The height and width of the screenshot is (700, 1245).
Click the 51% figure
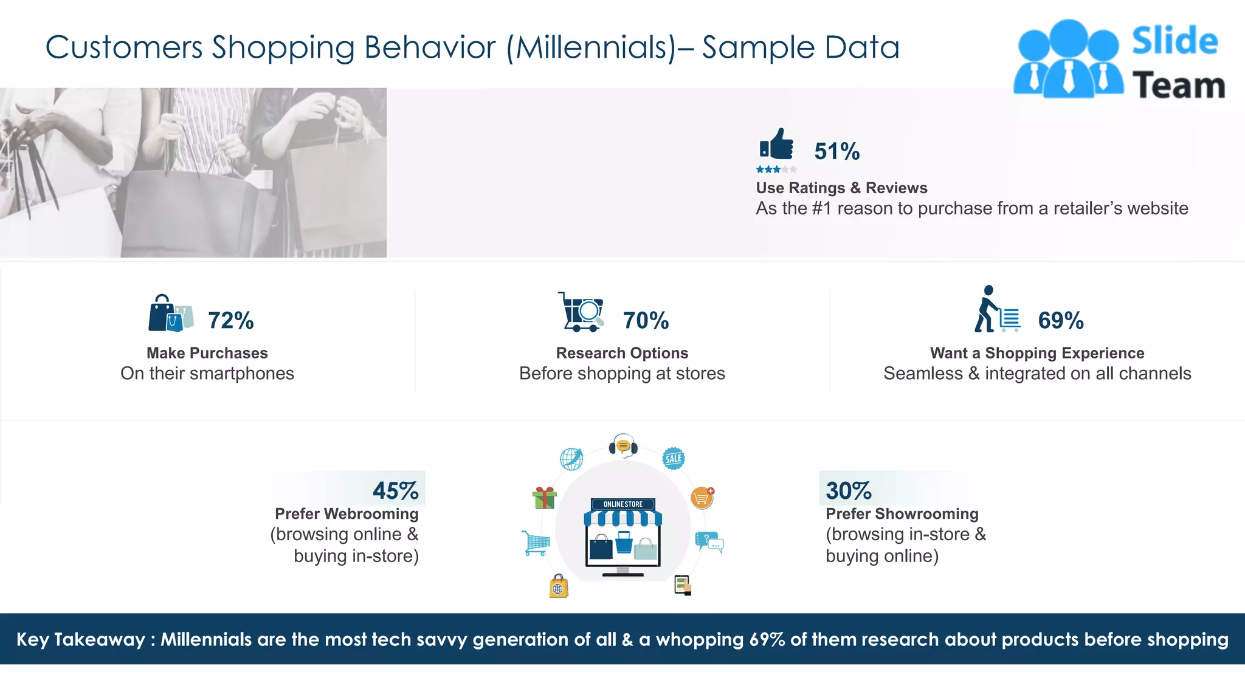point(836,151)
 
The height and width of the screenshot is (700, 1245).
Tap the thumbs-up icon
point(777,145)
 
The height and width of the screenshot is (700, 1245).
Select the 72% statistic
point(230,320)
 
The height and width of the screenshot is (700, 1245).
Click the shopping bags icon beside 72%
point(171,313)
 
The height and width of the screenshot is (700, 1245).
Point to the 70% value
point(646,320)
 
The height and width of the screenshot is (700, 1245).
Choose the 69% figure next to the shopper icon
point(1060,320)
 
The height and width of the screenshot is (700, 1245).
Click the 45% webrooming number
point(395,490)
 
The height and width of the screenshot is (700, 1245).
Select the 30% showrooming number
point(848,490)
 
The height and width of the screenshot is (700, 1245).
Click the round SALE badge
point(673,458)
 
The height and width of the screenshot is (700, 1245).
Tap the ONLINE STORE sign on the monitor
point(622,504)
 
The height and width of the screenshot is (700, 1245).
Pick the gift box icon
point(544,498)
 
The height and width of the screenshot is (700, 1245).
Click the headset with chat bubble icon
point(623,446)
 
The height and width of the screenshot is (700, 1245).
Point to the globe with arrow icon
point(571,459)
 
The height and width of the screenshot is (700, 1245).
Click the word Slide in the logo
point(1174,41)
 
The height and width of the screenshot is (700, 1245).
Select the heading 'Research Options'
point(622,353)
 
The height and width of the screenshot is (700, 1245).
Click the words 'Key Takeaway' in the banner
point(81,639)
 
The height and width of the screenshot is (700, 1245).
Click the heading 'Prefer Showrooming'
point(902,513)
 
